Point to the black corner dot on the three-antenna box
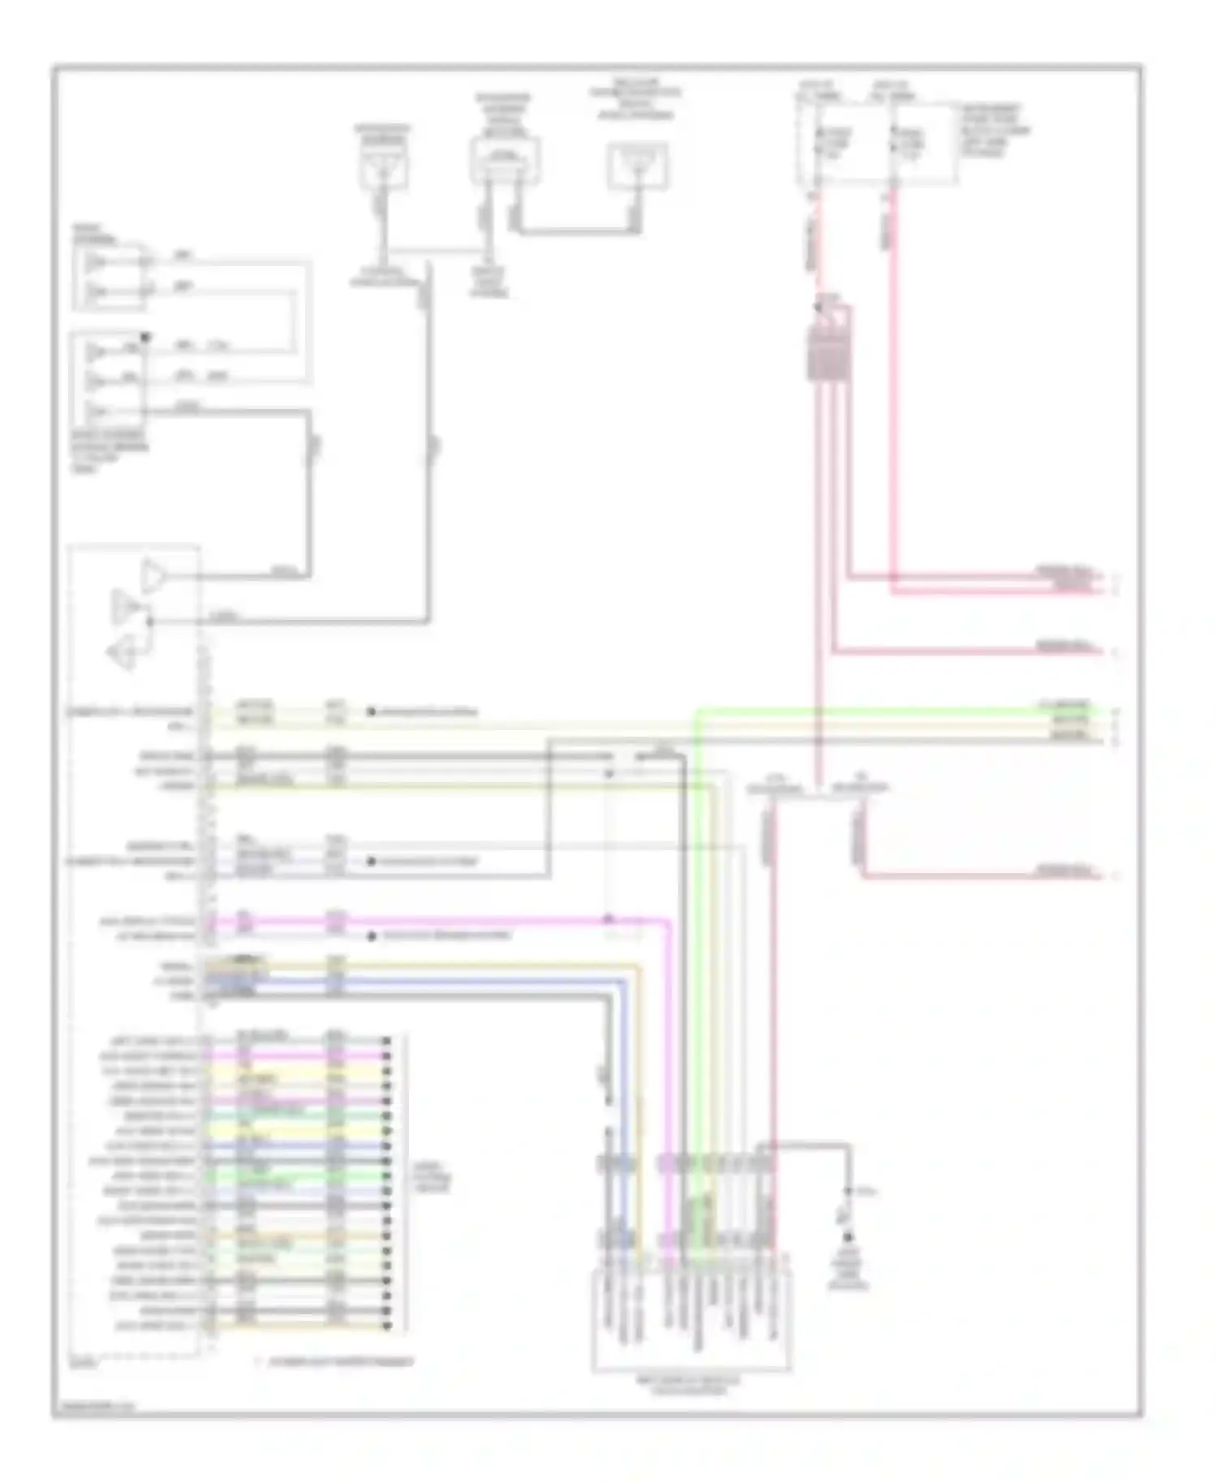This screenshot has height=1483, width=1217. coord(146,337)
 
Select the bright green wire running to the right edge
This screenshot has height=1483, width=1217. coord(892,711)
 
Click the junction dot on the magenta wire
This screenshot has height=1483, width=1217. coord(608,920)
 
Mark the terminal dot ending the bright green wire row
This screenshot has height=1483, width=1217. coord(387,1176)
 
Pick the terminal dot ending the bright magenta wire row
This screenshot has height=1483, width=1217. coord(387,1056)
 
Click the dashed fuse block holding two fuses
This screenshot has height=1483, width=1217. coord(876,144)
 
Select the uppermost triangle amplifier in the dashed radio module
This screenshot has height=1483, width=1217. coord(153,576)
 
